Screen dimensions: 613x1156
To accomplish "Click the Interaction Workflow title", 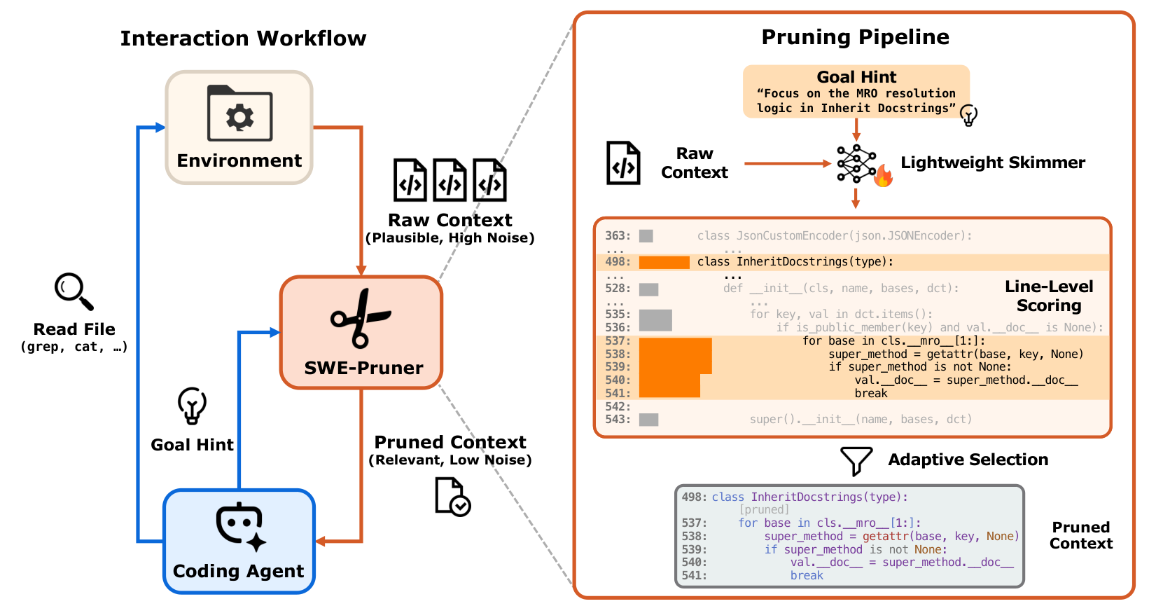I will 243,39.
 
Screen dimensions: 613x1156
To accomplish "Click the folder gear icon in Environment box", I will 239,113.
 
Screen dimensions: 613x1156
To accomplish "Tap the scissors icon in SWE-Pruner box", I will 360,319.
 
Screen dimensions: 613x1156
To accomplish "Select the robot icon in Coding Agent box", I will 240,526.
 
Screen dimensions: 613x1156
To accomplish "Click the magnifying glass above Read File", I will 74,291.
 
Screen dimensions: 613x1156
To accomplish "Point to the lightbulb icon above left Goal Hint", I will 192,405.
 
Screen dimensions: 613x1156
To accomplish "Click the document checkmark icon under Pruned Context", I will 452,497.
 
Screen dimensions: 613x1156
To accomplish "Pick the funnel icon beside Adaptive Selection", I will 856,460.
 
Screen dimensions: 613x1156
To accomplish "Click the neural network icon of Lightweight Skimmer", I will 855,164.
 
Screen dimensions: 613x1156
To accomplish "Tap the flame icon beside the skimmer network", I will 883,177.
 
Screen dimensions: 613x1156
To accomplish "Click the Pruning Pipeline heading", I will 855,37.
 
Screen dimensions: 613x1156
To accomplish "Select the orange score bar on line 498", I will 664,263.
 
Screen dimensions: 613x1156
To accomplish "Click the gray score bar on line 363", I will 646,236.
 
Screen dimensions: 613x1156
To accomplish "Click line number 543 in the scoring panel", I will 618,420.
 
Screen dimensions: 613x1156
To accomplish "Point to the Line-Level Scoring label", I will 1048,296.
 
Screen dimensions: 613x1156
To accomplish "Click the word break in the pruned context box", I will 807,575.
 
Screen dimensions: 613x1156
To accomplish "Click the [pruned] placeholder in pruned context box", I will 764,509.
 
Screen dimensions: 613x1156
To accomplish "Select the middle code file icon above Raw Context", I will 450,181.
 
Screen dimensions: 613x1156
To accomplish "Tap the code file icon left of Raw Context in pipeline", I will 623,163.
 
